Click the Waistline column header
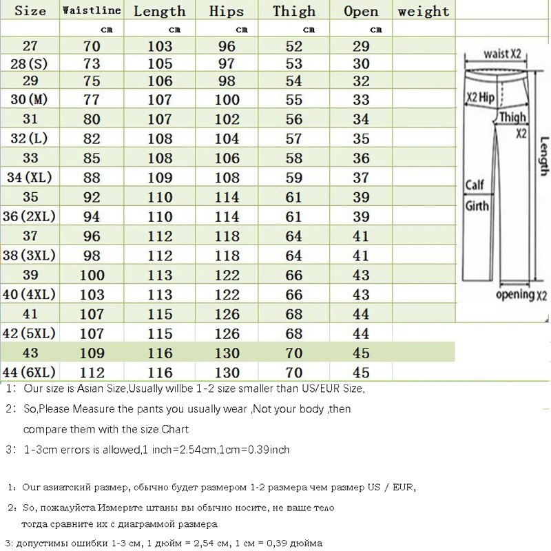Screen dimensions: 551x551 [x=92, y=10]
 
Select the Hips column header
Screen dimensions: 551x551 [x=227, y=10]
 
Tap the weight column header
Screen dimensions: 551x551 [x=423, y=10]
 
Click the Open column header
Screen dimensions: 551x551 [x=361, y=10]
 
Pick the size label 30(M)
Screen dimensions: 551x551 [x=30, y=99]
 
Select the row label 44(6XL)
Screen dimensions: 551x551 [x=29, y=373]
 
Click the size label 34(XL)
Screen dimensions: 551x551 [x=30, y=178]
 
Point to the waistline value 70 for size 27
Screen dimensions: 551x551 [x=92, y=47]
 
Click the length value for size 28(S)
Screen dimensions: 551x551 [x=160, y=64]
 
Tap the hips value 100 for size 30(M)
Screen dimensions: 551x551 [x=227, y=99]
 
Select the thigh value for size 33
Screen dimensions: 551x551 [x=294, y=158]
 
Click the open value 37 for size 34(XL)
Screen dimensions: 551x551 [x=361, y=178]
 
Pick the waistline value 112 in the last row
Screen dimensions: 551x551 [x=92, y=373]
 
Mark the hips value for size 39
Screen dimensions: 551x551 [x=227, y=275]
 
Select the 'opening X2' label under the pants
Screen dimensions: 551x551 [x=521, y=295]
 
